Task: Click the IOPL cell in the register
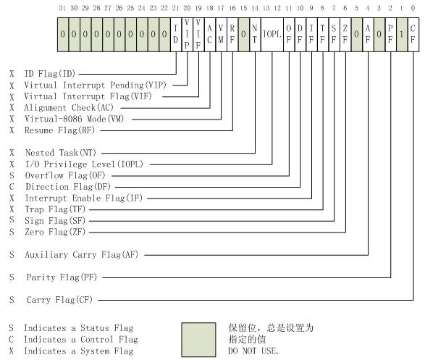point(271,34)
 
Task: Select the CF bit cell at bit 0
point(413,34)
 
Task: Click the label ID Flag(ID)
point(51,74)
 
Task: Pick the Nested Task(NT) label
point(60,153)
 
